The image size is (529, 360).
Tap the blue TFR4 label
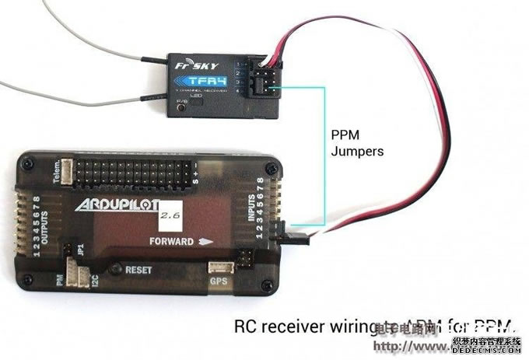coord(194,81)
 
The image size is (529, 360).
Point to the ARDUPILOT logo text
coord(117,205)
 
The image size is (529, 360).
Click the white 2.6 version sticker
coord(169,211)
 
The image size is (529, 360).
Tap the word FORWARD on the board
coord(172,241)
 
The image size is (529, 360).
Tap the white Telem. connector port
coord(68,171)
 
